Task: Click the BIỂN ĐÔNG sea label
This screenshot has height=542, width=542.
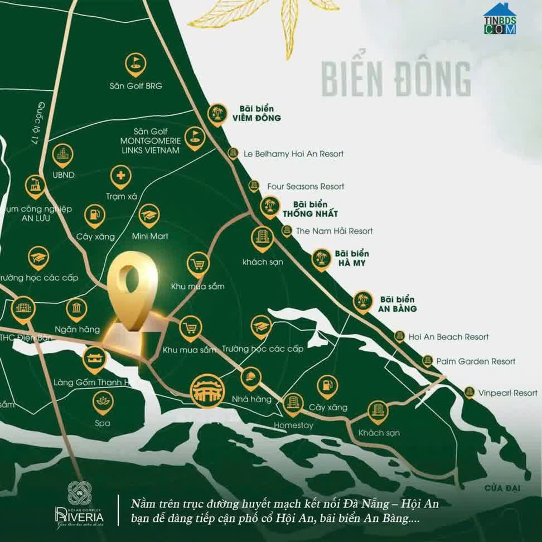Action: [x=396, y=79]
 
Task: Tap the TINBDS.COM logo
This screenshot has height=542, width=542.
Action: [x=500, y=20]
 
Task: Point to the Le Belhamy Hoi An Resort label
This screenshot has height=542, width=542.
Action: [x=294, y=153]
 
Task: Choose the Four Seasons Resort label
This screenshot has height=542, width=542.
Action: [x=306, y=186]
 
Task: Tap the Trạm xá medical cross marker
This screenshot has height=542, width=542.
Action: [x=120, y=177]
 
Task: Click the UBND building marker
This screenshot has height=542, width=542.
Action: [x=62, y=155]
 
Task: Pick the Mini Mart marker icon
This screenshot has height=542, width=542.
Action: [x=149, y=215]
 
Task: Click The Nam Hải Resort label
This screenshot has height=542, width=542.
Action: [x=334, y=231]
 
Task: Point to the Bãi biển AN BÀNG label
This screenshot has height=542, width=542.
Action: [x=398, y=304]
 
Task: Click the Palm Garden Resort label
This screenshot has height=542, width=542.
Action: [x=476, y=361]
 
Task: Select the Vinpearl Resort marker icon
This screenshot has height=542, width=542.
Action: [x=470, y=393]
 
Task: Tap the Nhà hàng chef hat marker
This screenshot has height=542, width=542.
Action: [x=250, y=378]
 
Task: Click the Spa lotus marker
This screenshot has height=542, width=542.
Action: [x=103, y=401]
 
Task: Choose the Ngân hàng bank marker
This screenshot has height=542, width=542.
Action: [x=76, y=309]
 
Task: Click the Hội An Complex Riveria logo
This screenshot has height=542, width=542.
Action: [x=79, y=504]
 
